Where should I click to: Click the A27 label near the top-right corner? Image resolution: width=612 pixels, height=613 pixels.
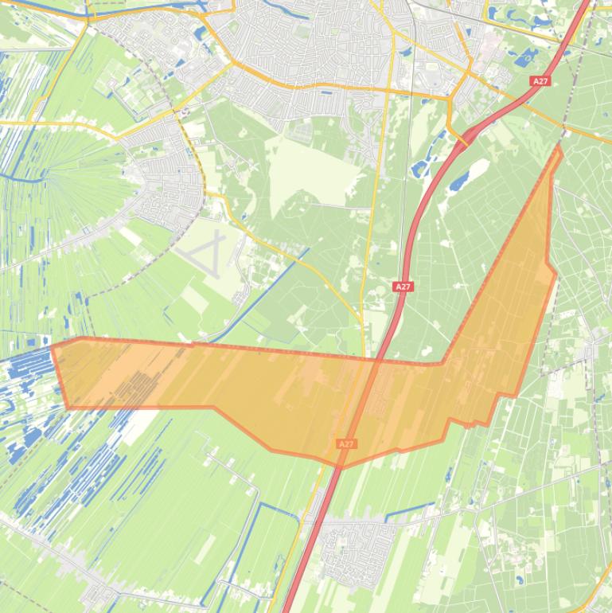click(540, 81)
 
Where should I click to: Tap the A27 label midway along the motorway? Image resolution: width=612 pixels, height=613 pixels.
click(403, 287)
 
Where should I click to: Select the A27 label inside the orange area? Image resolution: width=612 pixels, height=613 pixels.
click(346, 443)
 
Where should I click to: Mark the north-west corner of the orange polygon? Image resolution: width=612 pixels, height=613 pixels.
click(53, 346)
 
